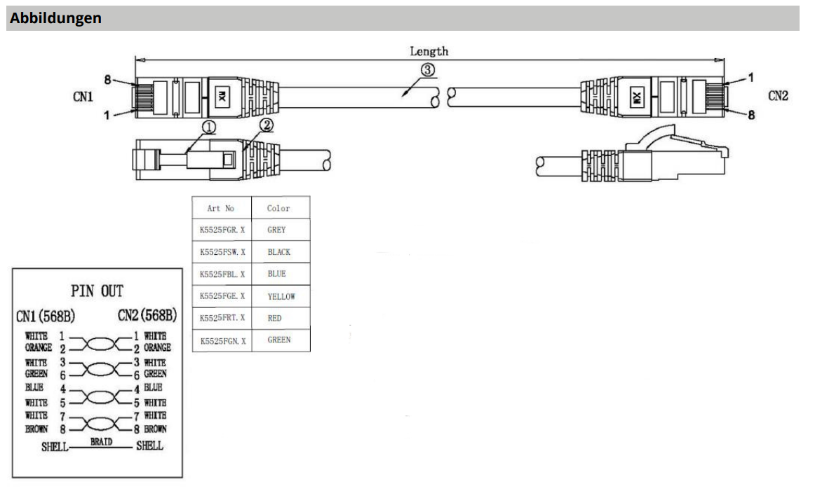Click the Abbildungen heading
point(55,19)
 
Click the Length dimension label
point(429,51)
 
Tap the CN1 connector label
point(83,97)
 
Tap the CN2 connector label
point(778,96)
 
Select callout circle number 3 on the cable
point(428,70)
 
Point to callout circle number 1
point(208,127)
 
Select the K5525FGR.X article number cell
point(222,230)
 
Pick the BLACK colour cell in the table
point(278,252)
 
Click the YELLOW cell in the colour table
point(281,296)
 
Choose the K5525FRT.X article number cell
point(222,318)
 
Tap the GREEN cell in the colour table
point(278,340)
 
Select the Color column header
point(278,208)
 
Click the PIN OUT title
point(97,291)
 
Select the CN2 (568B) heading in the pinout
point(147,317)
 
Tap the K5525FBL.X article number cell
point(222,274)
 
